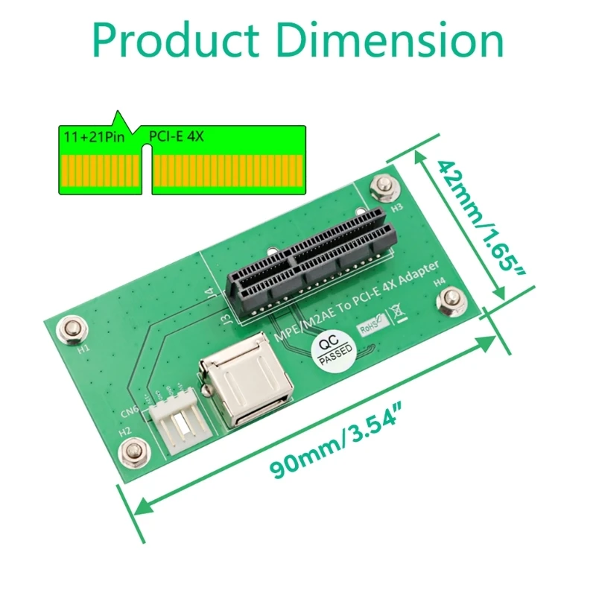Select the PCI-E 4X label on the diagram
click(177, 137)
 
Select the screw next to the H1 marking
click(72, 327)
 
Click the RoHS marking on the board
click(372, 325)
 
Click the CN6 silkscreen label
click(130, 412)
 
